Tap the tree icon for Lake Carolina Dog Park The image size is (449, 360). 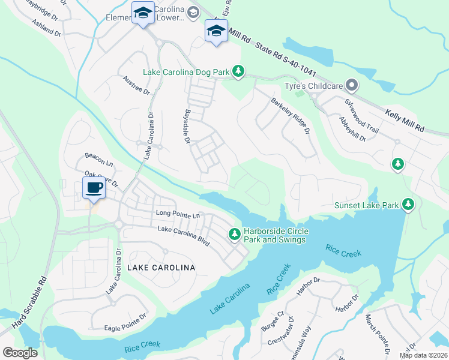click(238, 72)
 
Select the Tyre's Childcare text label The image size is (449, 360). click(318, 86)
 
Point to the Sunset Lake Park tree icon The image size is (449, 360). click(408, 205)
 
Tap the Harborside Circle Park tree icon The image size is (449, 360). click(235, 233)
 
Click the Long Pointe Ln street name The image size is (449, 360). click(177, 214)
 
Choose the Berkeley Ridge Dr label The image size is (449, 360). click(290, 116)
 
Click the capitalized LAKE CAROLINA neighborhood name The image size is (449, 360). click(161, 266)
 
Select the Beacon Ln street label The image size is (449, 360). click(99, 158)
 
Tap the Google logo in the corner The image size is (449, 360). click(20, 353)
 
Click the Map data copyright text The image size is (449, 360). click(424, 355)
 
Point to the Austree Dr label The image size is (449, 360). click(136, 85)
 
